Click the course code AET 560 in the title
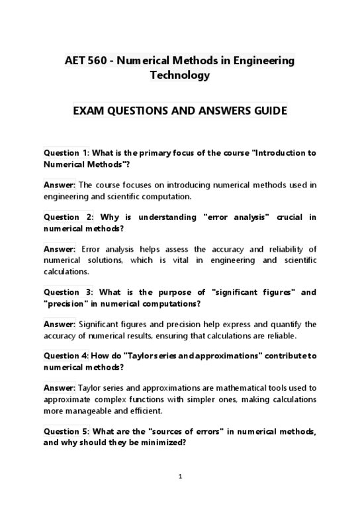coord(84,60)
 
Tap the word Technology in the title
coord(179,75)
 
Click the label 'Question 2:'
coord(69,217)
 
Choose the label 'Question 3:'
coord(69,291)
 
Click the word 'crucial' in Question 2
coord(283,217)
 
